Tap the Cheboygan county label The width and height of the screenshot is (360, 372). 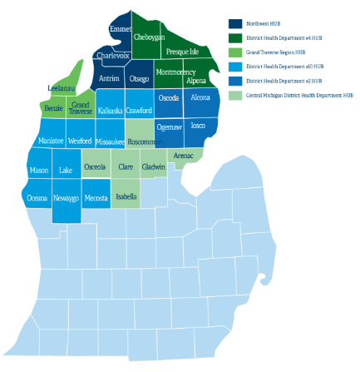pos(149,37)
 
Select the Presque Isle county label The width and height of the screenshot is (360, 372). pos(182,52)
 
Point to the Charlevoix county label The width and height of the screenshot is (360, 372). pos(112,56)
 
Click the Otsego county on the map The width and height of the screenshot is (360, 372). pos(140,79)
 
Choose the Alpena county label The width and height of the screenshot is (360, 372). pos(196,81)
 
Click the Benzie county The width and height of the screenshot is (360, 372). pos(53,109)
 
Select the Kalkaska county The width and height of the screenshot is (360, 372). pos(111,111)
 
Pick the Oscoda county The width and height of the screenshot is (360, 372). pos(168,98)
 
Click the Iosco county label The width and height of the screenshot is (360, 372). pos(198,126)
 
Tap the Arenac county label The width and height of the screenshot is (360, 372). pos(184,156)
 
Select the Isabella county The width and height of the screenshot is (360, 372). pos(126,197)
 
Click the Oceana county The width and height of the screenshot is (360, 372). pos(37,199)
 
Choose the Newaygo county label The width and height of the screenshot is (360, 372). pos(66,199)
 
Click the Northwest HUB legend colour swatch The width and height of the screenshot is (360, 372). pos(235,23)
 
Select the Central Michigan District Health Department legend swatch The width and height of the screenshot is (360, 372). pos(235,96)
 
